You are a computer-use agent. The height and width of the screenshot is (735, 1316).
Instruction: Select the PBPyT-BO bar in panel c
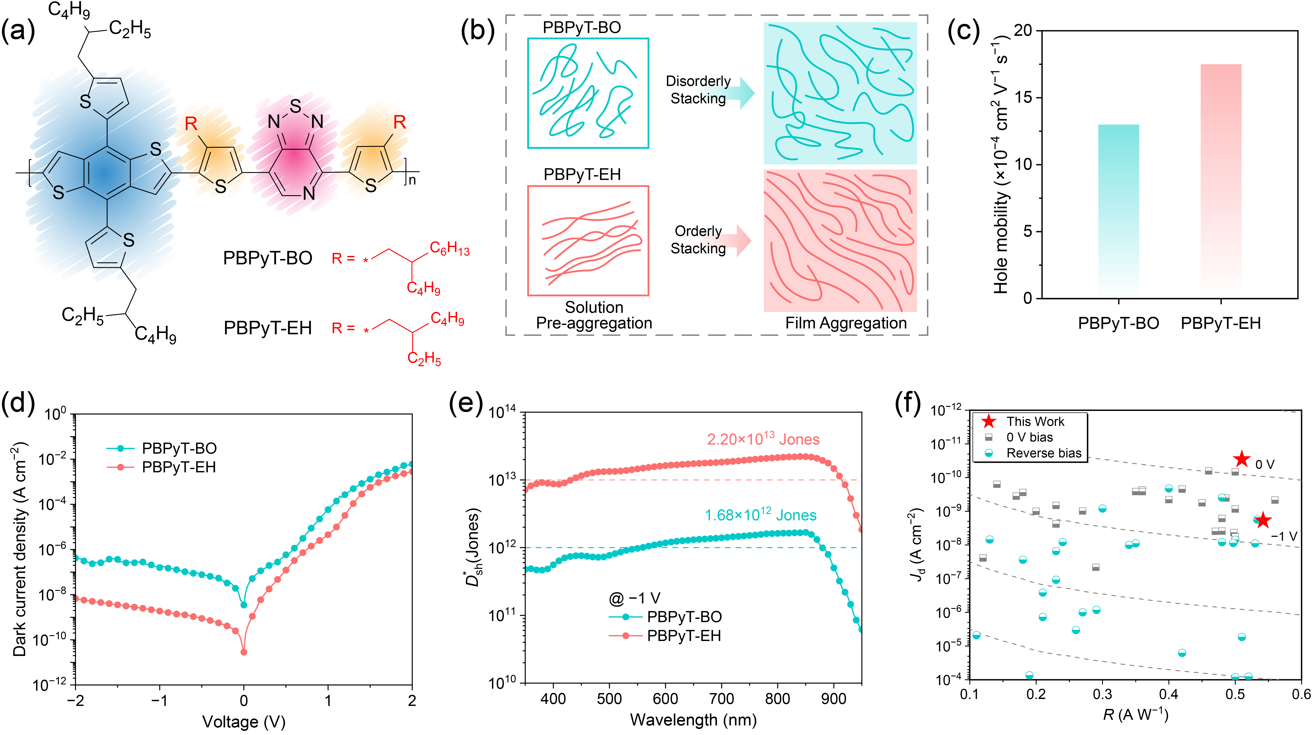pos(1118,209)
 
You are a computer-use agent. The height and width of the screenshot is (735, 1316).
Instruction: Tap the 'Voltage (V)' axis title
pos(244,722)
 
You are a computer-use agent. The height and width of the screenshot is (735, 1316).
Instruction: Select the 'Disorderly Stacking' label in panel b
pos(698,90)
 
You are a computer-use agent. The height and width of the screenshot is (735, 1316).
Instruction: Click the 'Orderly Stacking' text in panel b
pos(698,240)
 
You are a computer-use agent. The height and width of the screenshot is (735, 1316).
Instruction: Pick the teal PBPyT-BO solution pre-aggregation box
pos(588,93)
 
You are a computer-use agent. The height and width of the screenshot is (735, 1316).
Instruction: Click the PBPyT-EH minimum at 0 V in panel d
pos(244,652)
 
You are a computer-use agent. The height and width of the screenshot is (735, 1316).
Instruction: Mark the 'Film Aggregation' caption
pos(846,323)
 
